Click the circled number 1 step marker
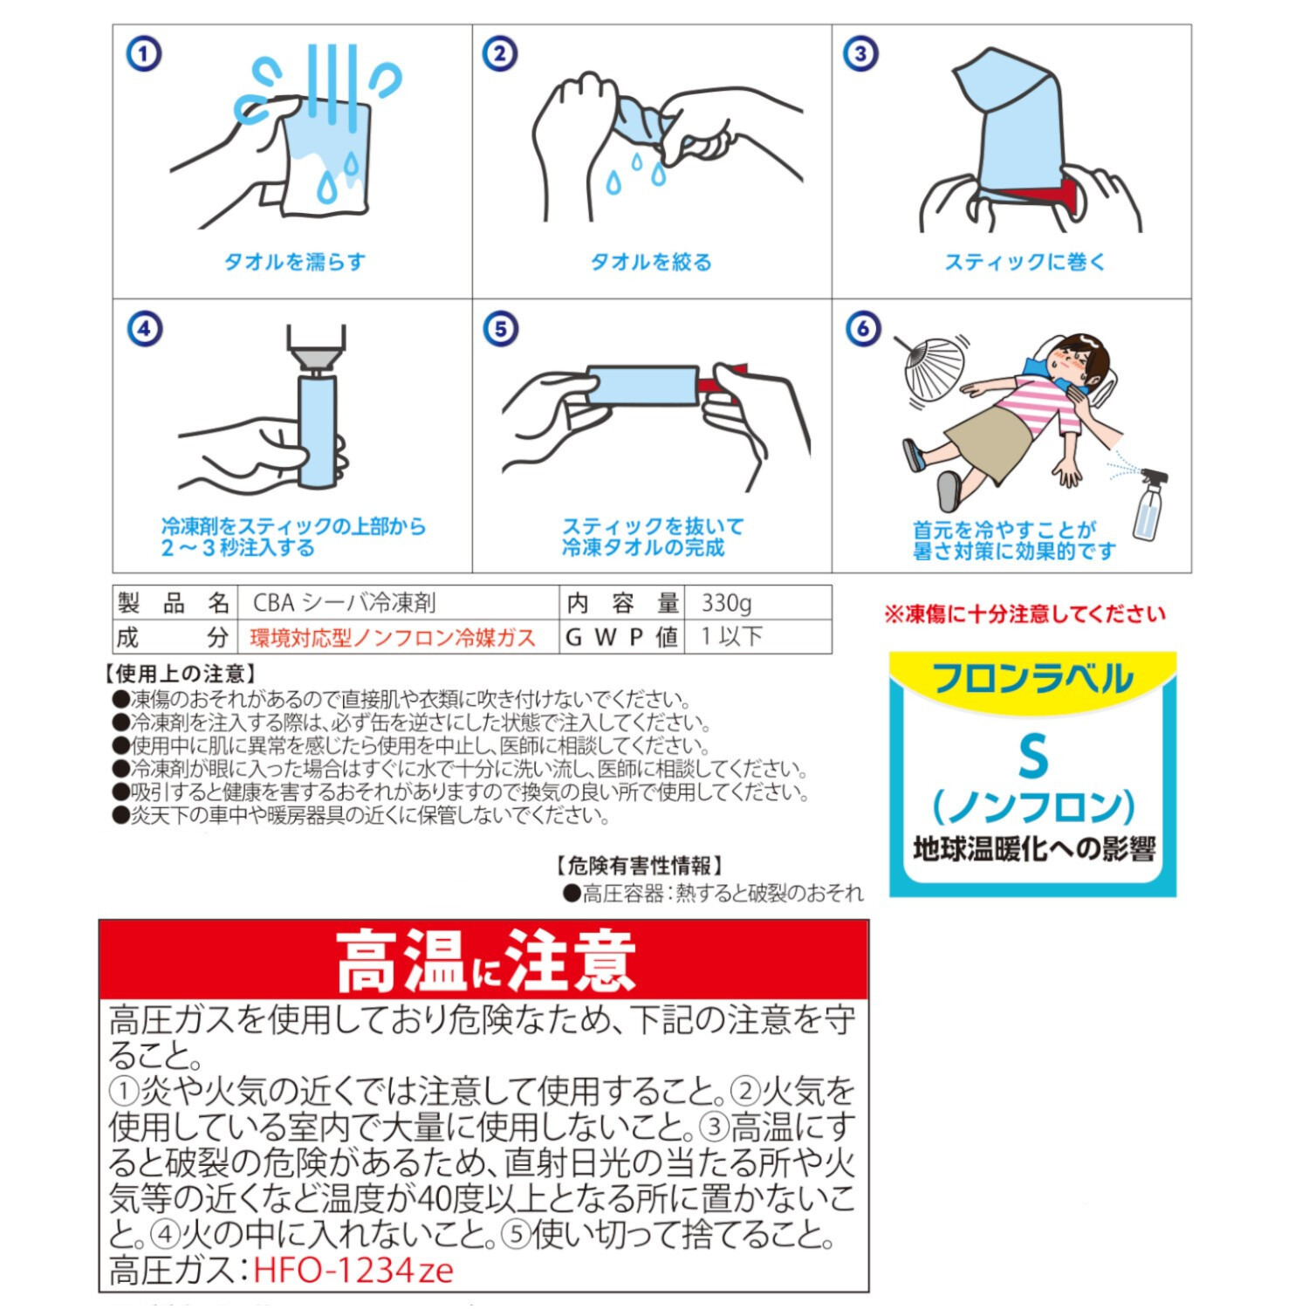click(x=144, y=54)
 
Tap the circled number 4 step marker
click(x=144, y=329)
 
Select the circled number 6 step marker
click(x=862, y=328)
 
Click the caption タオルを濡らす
click(x=294, y=262)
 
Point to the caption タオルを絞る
click(x=651, y=262)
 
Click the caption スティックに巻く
click(x=1025, y=262)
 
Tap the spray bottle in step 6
click(x=1148, y=506)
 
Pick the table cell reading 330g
click(x=727, y=603)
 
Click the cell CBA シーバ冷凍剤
click(x=344, y=603)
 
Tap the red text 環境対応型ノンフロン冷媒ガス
click(x=392, y=638)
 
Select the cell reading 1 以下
click(x=732, y=637)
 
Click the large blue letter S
click(x=1032, y=757)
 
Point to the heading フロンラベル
click(x=1032, y=679)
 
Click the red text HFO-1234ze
click(x=353, y=1270)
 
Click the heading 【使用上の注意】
click(x=181, y=674)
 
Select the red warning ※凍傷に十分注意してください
click(x=1025, y=614)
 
